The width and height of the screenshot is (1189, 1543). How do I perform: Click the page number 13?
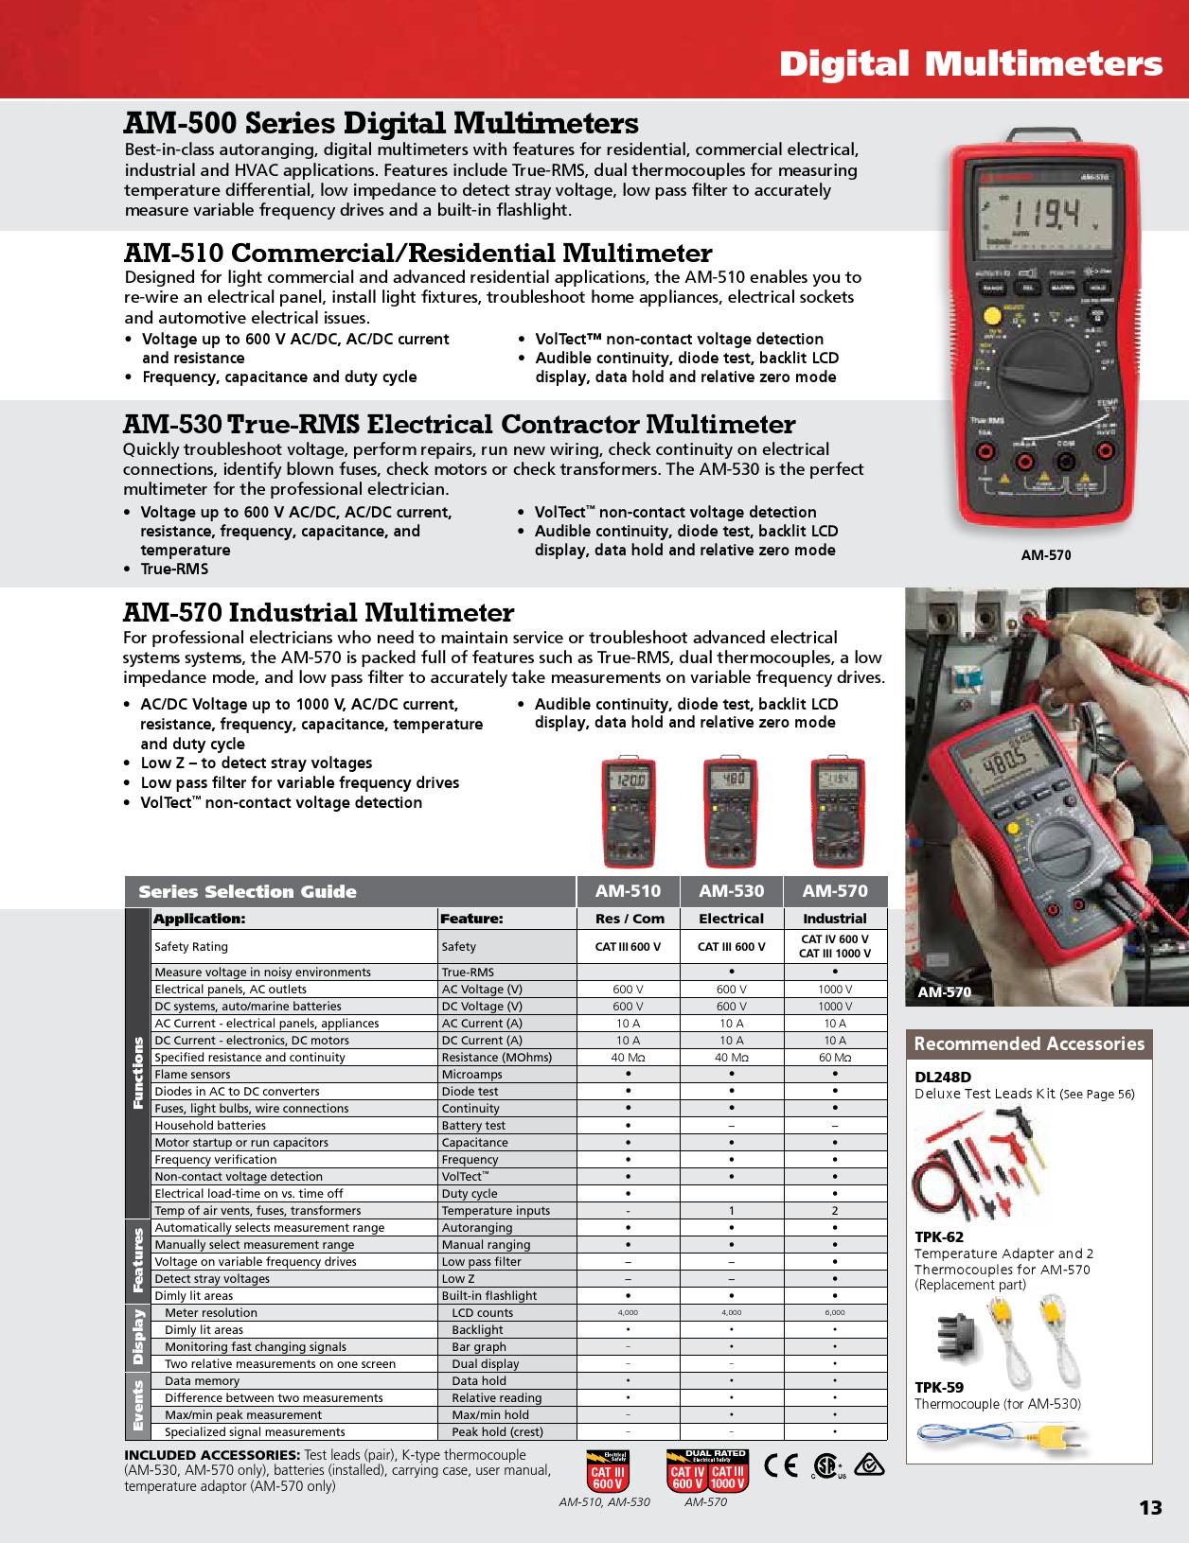(1149, 1507)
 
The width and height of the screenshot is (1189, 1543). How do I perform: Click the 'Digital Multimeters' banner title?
(970, 64)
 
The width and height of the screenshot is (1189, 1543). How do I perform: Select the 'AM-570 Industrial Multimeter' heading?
(319, 613)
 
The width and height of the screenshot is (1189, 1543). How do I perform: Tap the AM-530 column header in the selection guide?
(731, 891)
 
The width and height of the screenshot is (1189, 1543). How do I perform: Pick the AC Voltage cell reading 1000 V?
(835, 990)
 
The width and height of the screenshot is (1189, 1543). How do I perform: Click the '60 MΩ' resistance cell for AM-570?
(835, 1058)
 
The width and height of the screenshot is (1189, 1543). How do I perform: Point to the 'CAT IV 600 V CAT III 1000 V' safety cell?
(835, 946)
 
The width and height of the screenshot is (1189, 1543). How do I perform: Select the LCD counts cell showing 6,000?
(835, 1313)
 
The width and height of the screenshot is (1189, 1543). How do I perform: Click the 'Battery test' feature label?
(473, 1126)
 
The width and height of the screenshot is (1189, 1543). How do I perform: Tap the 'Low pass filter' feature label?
(481, 1262)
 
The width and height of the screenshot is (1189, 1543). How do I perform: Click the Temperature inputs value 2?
(835, 1211)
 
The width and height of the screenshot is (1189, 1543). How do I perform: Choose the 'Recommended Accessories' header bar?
(1029, 1044)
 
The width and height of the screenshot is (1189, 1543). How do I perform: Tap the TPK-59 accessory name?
(939, 1388)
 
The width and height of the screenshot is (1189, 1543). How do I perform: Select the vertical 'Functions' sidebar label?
(138, 1074)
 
